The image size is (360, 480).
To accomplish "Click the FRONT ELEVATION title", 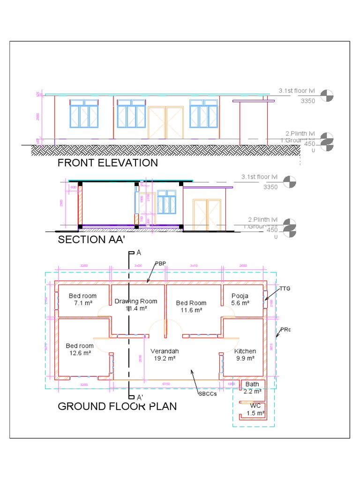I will (107, 163).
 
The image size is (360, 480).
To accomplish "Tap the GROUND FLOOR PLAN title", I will (117, 406).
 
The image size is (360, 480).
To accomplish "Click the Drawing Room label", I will (136, 301).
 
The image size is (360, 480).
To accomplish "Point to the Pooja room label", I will (240, 296).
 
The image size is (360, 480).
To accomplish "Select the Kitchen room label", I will (245, 351).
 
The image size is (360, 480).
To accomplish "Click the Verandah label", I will (164, 351).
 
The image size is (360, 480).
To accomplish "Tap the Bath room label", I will (252, 384).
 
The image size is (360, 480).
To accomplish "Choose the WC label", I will (255, 405).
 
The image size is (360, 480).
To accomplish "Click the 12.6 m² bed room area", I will (80, 353).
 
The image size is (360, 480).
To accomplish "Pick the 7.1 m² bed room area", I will (82, 303).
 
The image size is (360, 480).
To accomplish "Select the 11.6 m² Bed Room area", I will (191, 310).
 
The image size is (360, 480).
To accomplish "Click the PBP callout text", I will (161, 263).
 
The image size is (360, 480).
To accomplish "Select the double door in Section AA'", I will (207, 214).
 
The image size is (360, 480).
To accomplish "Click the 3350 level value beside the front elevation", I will (307, 101).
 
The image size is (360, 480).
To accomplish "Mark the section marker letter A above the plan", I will (138, 253).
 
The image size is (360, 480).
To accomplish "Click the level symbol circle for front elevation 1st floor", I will (327, 95).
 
